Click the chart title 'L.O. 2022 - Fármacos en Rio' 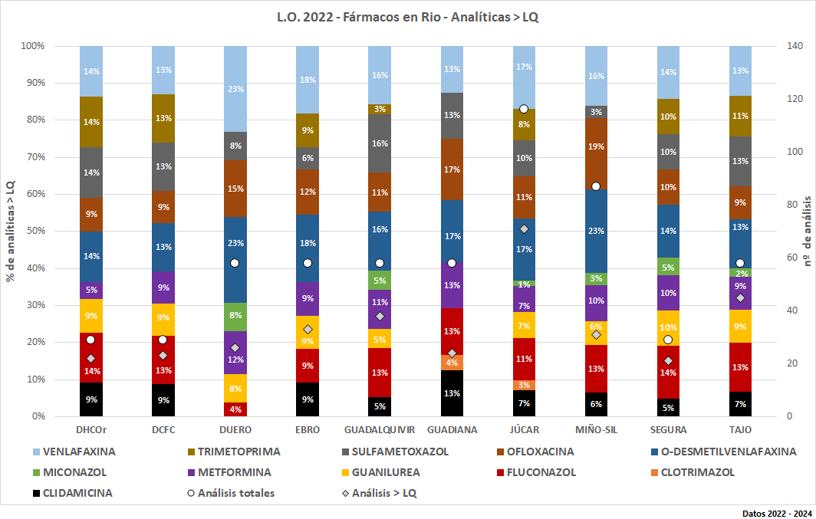pos(407,17)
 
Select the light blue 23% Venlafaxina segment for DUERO pos(235,89)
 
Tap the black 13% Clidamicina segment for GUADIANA pos(452,393)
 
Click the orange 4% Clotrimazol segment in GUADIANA pos(452,363)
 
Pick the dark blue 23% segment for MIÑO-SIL pos(596,231)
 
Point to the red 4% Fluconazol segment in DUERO pos(235,409)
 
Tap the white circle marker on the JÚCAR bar pos(524,109)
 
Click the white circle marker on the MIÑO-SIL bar pos(596,186)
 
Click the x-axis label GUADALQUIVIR pos(380,430)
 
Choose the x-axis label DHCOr pos(91,430)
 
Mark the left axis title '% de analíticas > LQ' pos(11,231)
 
